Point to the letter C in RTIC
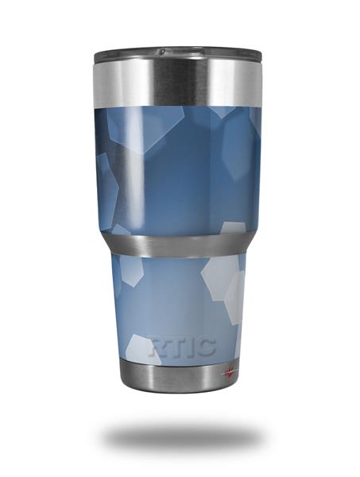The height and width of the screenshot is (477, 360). click(207, 346)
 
